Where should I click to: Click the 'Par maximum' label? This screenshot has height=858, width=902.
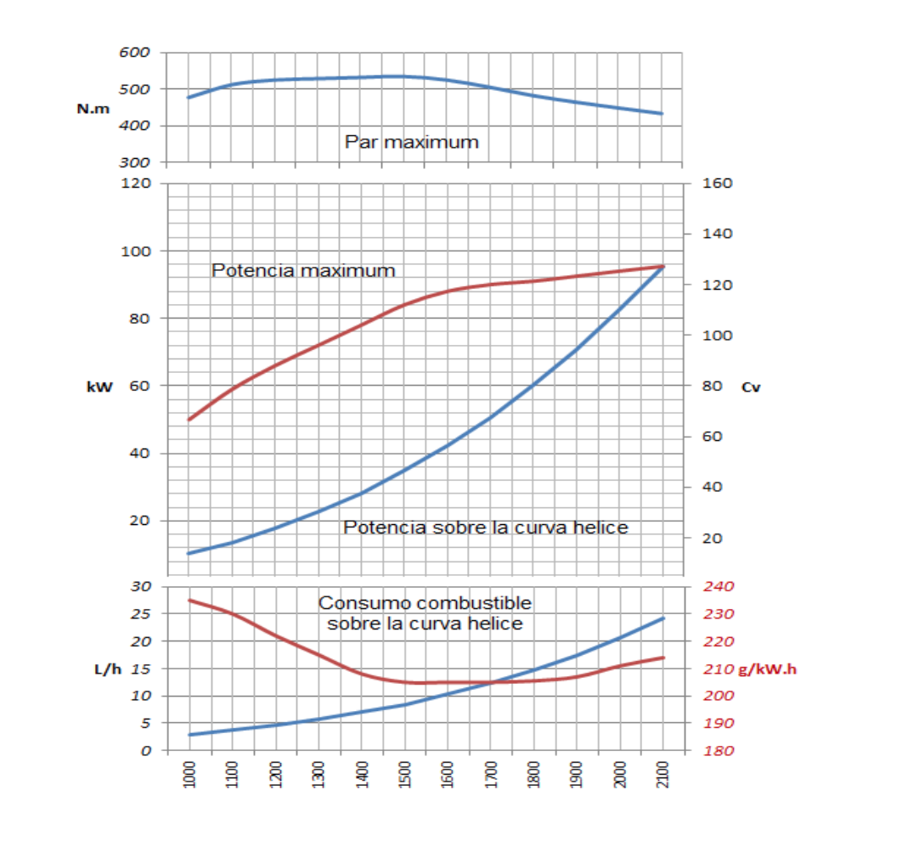(411, 142)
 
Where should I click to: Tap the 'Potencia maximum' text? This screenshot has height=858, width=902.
(303, 271)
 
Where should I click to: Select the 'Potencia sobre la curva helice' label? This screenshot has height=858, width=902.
(485, 528)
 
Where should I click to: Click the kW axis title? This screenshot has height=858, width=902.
(100, 387)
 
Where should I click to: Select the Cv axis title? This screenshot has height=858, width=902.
(751, 387)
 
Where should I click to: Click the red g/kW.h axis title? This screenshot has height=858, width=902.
(767, 669)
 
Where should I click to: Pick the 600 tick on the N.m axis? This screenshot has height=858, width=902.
(135, 53)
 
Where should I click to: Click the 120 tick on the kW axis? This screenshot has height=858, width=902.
(136, 183)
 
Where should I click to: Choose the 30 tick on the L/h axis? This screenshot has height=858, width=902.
(141, 587)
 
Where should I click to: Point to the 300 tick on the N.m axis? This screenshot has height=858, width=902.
(135, 162)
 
